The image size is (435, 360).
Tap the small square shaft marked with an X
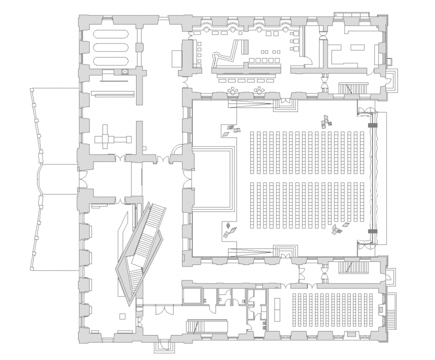click(124, 72)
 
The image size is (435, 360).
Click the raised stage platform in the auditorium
click(211, 177)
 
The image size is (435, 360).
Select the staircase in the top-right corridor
click(354, 88)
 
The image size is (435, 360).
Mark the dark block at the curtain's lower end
click(371, 231)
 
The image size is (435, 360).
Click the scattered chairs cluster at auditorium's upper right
click(325, 120)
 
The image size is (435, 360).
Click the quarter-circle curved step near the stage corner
click(177, 149)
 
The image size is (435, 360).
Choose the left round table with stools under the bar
click(233, 90)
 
